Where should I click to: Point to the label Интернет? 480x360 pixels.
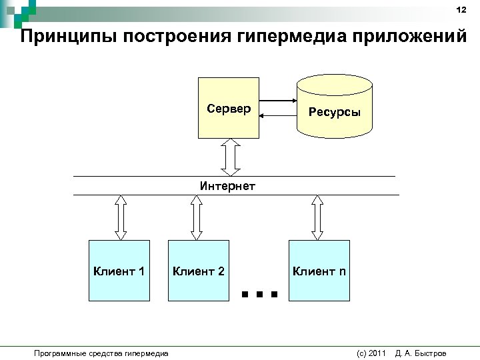(227, 186)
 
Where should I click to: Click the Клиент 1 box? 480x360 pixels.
(119, 271)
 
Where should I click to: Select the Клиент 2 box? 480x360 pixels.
(198, 271)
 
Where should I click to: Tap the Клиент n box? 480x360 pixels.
(319, 271)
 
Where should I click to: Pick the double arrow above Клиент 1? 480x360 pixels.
(121, 217)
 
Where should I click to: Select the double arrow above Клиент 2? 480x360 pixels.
(196, 217)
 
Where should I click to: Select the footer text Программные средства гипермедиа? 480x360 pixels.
(101, 353)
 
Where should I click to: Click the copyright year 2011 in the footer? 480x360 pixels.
(377, 353)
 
